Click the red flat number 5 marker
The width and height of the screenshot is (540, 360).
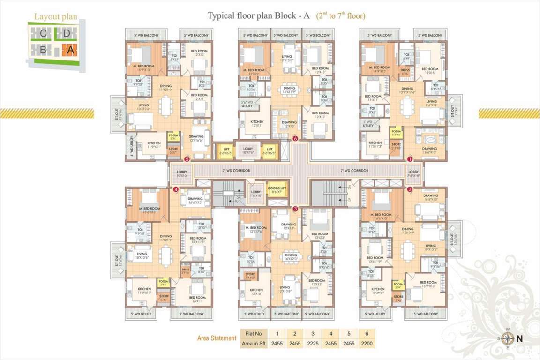187,159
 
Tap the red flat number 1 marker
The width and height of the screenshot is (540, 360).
410,159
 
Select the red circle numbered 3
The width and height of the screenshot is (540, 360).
295,209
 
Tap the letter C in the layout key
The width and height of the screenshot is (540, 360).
43,33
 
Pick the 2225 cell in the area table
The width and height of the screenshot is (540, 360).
313,344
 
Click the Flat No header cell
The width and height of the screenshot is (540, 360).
254,334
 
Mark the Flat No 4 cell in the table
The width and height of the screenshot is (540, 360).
331,334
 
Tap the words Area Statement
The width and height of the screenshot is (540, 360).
217,337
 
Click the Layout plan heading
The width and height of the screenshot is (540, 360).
56,17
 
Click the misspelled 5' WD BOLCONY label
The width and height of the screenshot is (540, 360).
318,35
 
